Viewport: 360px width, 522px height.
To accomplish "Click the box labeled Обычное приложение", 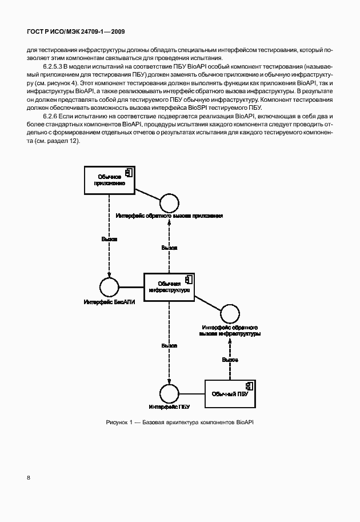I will (109, 181).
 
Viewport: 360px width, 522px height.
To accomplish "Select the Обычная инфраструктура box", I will (169, 287).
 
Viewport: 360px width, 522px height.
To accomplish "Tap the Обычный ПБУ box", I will (229, 394).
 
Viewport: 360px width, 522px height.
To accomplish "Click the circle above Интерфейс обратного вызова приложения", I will (169, 204).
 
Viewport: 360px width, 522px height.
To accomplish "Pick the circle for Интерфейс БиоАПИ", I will (109, 287).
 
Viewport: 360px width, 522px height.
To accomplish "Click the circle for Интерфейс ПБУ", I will (169, 393).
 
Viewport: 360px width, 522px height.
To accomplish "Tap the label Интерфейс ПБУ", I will (169, 407).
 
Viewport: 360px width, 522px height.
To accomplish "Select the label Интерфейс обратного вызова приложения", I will (169, 216).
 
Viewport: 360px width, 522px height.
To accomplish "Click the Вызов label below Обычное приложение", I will (109, 239).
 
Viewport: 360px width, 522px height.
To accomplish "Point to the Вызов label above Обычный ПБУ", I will (230, 360).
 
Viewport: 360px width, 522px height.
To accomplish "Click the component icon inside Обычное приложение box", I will (129, 172).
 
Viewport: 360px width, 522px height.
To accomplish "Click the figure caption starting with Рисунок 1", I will (179, 422).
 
